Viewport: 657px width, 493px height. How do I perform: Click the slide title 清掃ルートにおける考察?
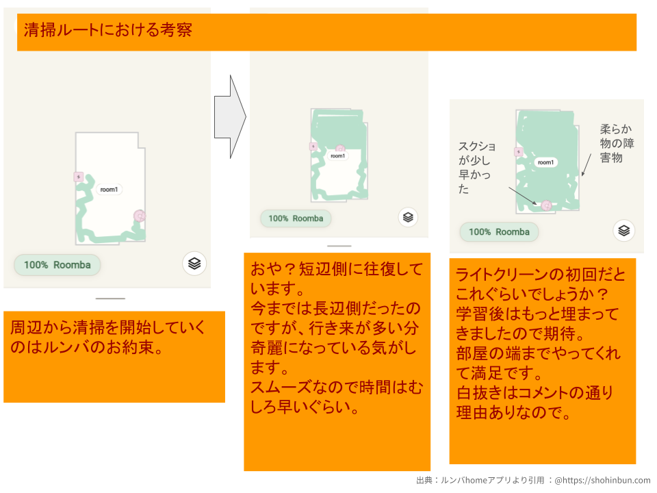click(x=107, y=29)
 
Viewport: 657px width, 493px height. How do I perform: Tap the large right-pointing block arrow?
click(x=230, y=116)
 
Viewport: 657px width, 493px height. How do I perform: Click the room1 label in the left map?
click(x=109, y=190)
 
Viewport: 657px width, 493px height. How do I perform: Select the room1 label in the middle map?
click(x=337, y=156)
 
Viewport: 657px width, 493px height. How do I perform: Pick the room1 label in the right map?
click(x=545, y=162)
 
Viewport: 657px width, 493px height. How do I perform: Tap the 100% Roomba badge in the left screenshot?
click(x=57, y=265)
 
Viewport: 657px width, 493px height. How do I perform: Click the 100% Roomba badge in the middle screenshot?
click(x=296, y=218)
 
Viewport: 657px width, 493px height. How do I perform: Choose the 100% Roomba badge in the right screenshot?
click(x=499, y=232)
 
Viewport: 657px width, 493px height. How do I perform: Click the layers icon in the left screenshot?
click(x=194, y=263)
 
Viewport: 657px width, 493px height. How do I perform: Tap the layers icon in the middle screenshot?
click(x=408, y=217)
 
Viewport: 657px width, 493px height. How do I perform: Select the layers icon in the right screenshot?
click(x=624, y=231)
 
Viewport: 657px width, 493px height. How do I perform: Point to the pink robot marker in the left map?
click(x=140, y=216)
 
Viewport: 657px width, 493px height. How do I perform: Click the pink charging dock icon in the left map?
click(x=79, y=177)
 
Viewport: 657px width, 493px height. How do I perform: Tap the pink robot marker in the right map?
click(x=546, y=205)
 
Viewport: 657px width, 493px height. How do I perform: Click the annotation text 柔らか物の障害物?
click(x=617, y=143)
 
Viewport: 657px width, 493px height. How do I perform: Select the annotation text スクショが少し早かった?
click(x=477, y=167)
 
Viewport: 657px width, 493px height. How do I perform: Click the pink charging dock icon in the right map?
click(x=519, y=152)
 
